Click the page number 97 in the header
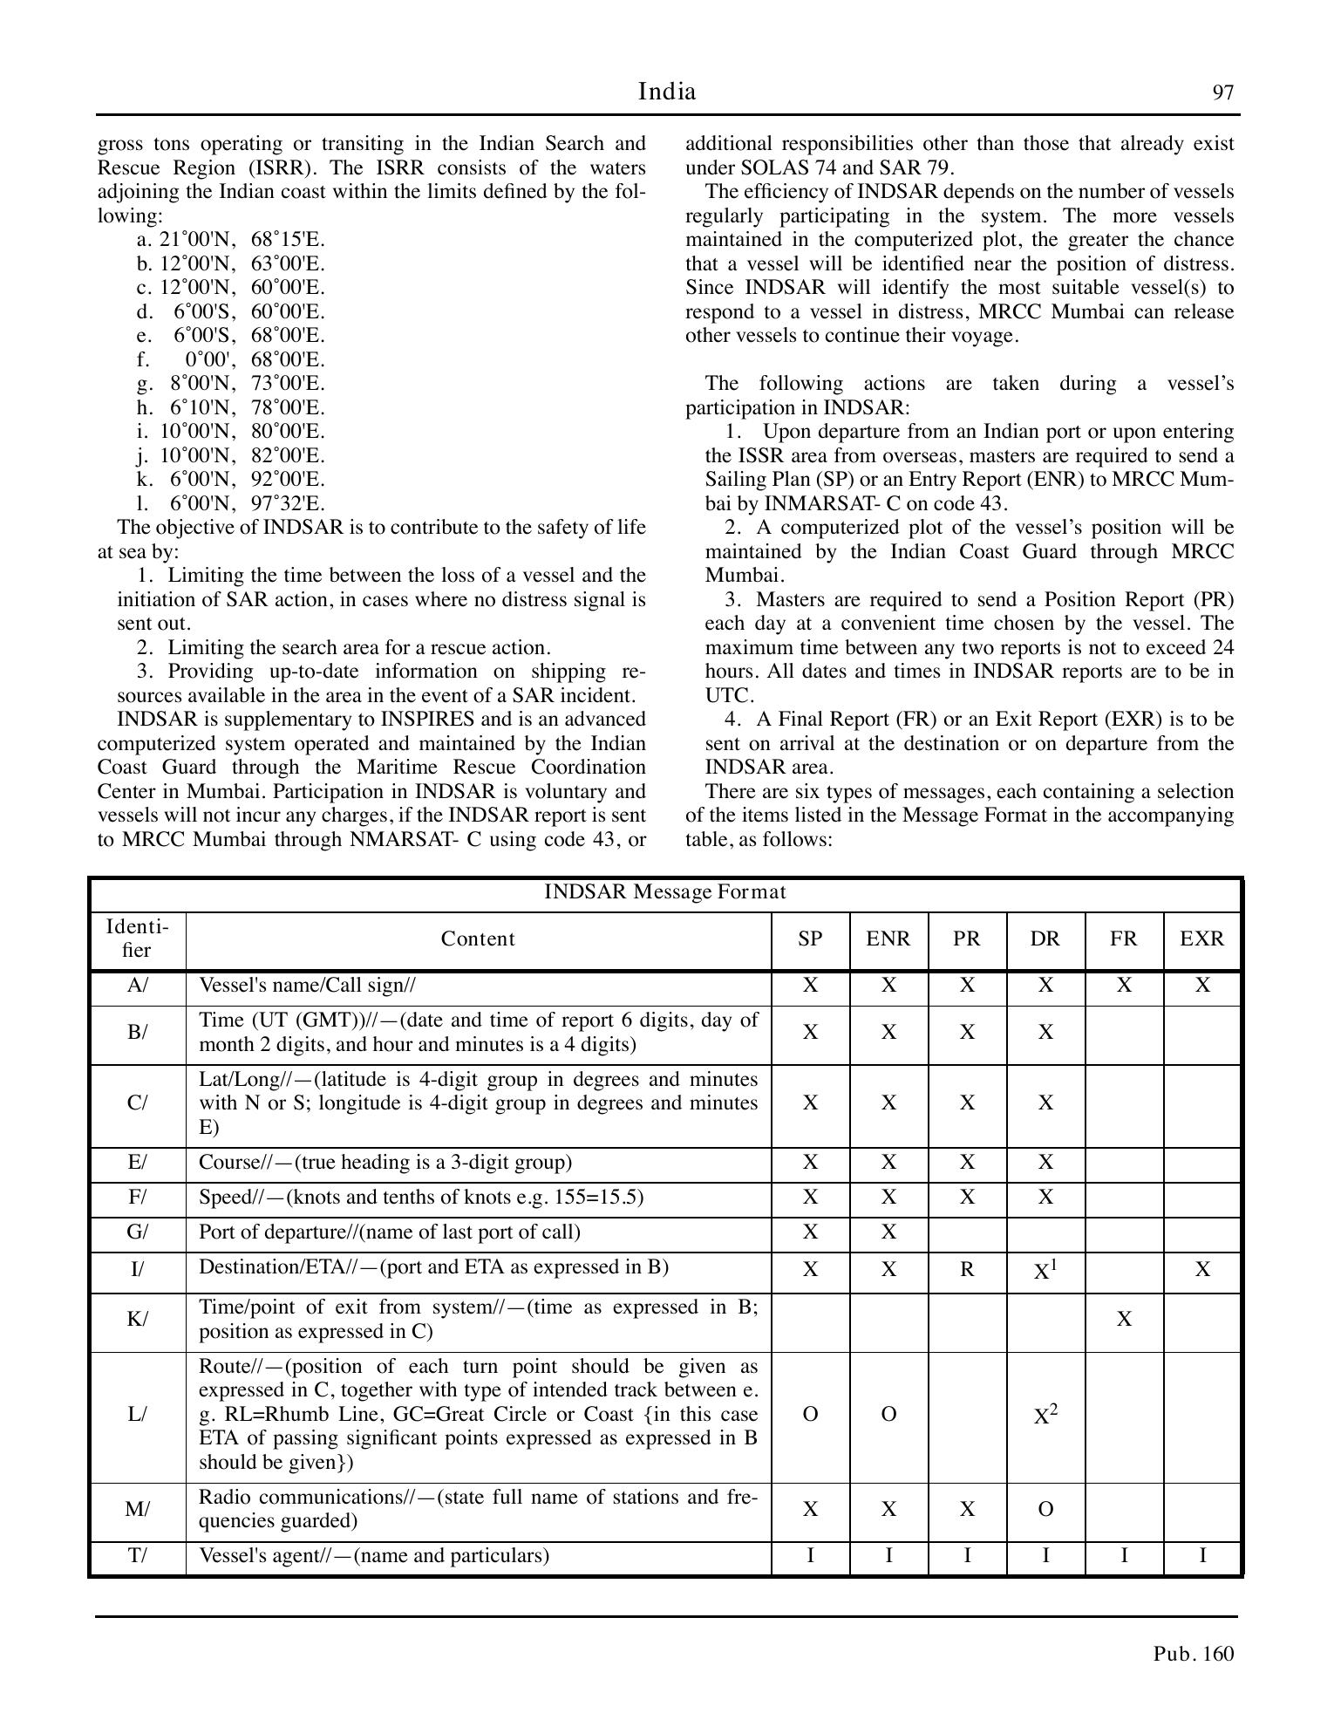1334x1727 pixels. [x=1223, y=93]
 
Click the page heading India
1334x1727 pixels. [x=667, y=92]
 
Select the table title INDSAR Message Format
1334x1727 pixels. [x=665, y=892]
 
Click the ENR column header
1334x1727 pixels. [x=888, y=939]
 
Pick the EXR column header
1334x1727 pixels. [x=1201, y=939]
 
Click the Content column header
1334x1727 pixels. [x=478, y=939]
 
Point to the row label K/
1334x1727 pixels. [x=138, y=1319]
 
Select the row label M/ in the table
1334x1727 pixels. [x=138, y=1509]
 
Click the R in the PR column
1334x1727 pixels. [x=966, y=1269]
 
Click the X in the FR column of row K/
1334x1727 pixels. [x=1124, y=1319]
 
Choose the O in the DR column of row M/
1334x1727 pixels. [x=1045, y=1509]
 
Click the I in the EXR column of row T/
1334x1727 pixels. [x=1201, y=1556]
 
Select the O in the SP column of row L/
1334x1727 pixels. [x=810, y=1415]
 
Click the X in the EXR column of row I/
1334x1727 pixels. [x=1201, y=1269]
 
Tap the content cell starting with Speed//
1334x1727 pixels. [x=421, y=1197]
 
